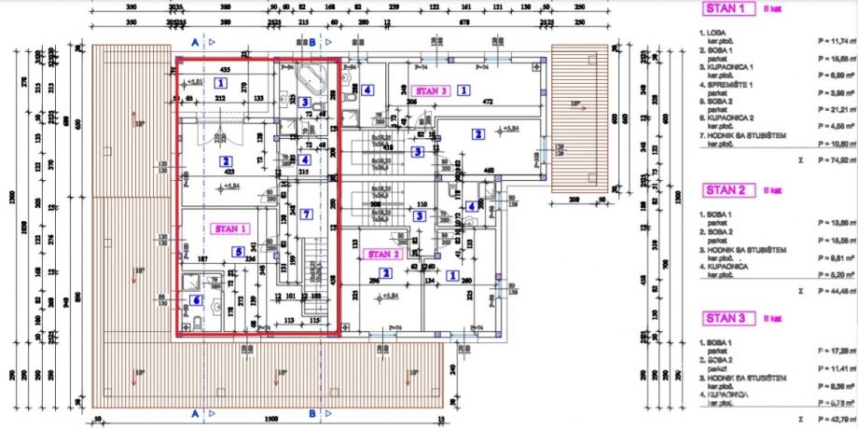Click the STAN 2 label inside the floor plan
click(x=382, y=254)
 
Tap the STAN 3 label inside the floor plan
click(x=432, y=90)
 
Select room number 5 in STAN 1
click(x=240, y=250)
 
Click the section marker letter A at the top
click(x=194, y=42)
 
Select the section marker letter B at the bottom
click(x=312, y=411)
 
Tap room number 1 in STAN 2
click(x=453, y=275)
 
